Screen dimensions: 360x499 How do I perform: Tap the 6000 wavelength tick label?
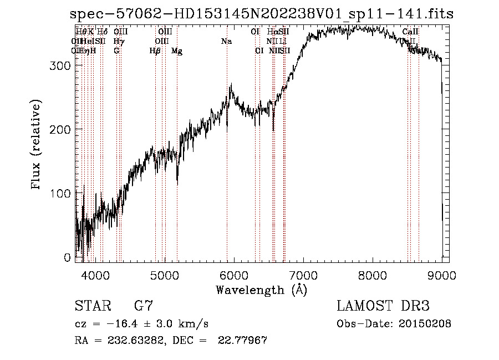(233, 274)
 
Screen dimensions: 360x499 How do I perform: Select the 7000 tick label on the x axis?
(303, 274)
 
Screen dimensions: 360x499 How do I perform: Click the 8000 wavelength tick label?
(372, 274)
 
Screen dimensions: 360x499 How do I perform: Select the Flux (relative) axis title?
(37, 145)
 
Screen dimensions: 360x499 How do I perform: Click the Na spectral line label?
(226, 42)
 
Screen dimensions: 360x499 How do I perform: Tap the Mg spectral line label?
(177, 51)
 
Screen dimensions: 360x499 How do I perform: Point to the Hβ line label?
(155, 51)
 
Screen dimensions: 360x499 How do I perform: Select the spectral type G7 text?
(143, 306)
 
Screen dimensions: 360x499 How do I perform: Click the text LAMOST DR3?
(383, 306)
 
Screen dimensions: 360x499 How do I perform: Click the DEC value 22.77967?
(244, 341)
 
